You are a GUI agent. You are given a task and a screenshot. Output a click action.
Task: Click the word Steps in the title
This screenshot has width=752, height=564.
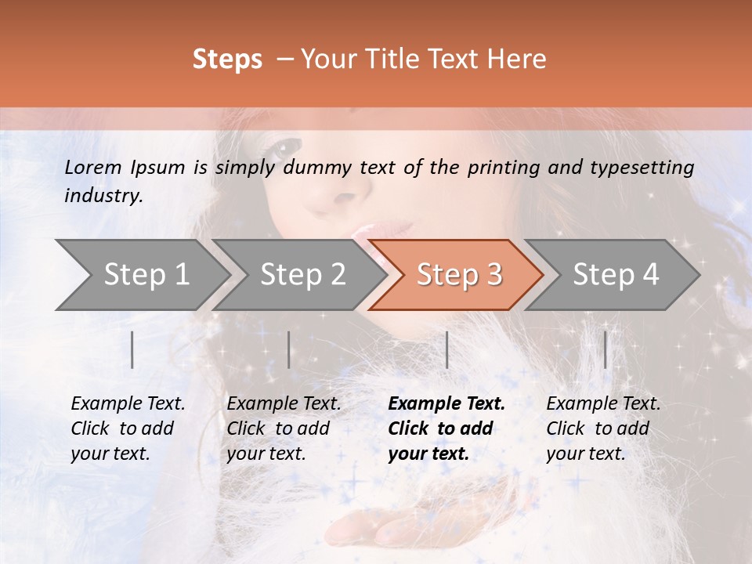coord(227,60)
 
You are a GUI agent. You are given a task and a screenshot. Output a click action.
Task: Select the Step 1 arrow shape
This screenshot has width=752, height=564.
coord(141,275)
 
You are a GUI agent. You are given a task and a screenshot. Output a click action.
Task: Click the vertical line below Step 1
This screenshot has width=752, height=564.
coord(132,349)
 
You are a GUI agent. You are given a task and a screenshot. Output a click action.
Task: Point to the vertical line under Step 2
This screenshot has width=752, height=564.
coord(289,349)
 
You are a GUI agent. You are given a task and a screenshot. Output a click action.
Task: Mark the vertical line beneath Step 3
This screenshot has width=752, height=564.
coord(446,349)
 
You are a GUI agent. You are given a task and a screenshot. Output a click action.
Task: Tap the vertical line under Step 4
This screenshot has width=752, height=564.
coord(606,349)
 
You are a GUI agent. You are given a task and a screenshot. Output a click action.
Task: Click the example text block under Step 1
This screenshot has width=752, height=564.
coord(128,428)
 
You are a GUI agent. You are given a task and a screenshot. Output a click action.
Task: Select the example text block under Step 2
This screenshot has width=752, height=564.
coord(284,428)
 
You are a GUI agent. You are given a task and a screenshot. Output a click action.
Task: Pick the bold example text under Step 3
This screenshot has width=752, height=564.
coord(446,428)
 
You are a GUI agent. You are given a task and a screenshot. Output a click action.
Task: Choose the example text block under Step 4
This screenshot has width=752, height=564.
coord(603,428)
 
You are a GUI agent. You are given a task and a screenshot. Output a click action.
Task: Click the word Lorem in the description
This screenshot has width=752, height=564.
coord(93,168)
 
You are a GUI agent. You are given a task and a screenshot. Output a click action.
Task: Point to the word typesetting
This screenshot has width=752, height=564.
coord(642,168)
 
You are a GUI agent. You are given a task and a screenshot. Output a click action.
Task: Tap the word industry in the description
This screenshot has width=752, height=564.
coord(103,196)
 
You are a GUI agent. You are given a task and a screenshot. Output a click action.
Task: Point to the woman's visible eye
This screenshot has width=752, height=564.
coord(287,146)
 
